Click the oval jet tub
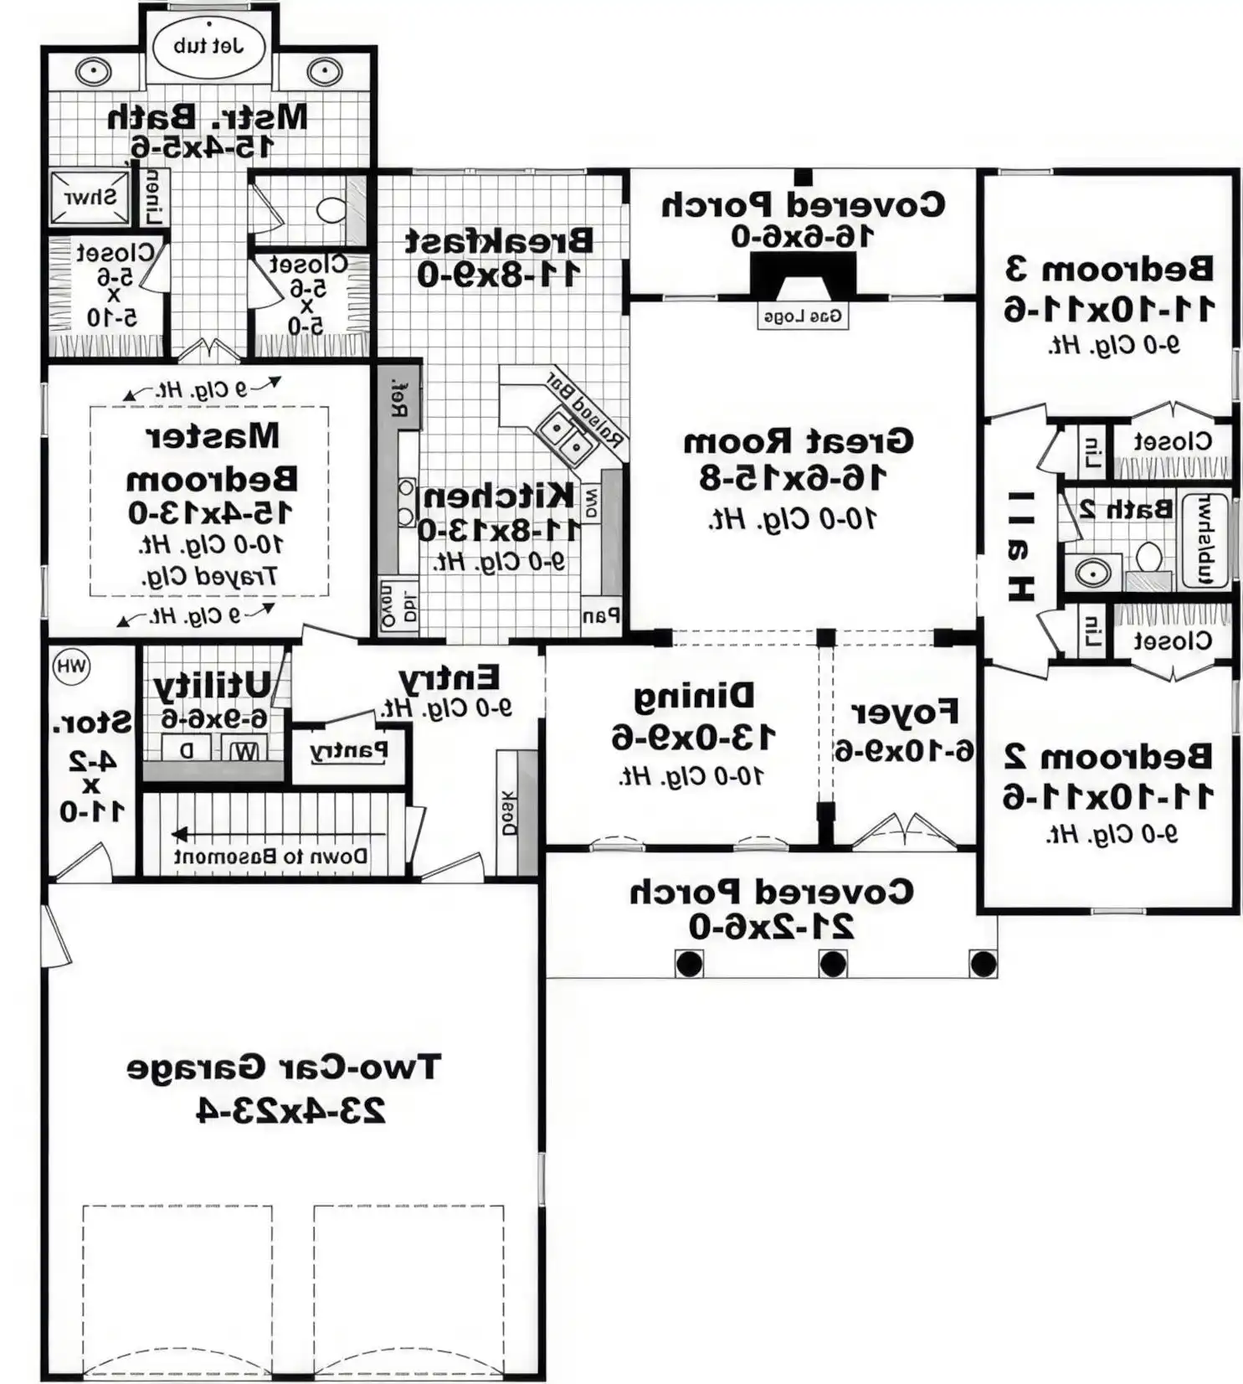coord(208,46)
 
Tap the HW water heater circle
coord(71,666)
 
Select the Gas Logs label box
coord(802,316)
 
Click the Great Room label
coord(797,441)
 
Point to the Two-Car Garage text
coord(283,1068)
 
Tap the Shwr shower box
coord(90,198)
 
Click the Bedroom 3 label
coord(1108,270)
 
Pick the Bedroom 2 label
coord(1107,756)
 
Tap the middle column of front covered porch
coord(832,964)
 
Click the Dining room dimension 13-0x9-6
coord(693,738)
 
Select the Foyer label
coord(904,713)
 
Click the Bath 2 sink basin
coord(1092,574)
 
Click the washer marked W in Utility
coord(245,749)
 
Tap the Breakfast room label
coord(499,241)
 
